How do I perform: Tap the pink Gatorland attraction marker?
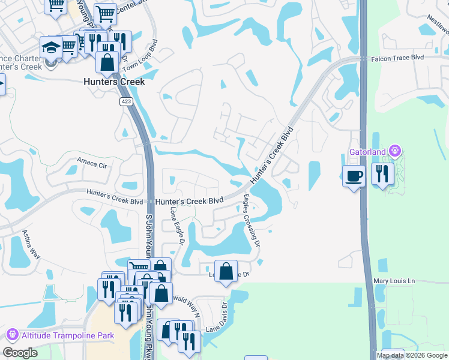(x=394, y=150)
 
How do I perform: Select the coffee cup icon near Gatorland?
(x=354, y=176)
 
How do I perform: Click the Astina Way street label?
(x=31, y=244)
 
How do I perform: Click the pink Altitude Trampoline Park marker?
(x=11, y=334)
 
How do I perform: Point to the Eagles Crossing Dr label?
(x=252, y=219)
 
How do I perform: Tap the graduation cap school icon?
(x=51, y=47)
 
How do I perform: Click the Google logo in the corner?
(x=20, y=353)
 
